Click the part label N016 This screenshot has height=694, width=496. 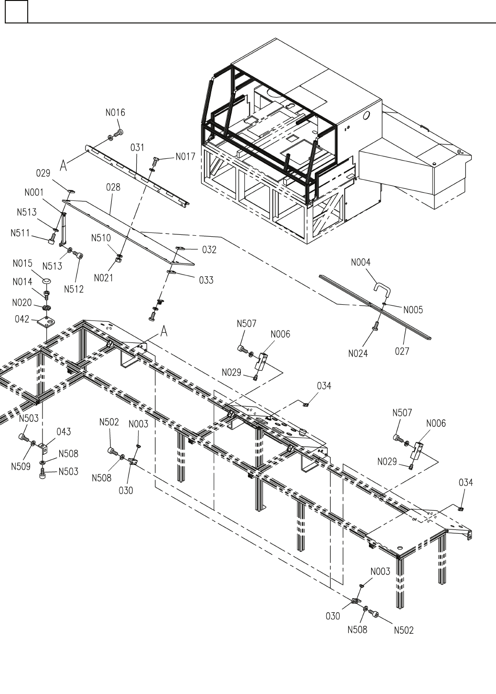coord(115,113)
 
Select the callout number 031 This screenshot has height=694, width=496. coord(137,147)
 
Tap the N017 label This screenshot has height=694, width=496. coord(185,156)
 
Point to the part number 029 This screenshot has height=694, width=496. coord(43,173)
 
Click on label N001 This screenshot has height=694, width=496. coord(34,192)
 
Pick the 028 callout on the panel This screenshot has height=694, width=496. coord(113,187)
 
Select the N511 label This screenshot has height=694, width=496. coord(21,233)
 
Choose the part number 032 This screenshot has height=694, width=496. coord(209,249)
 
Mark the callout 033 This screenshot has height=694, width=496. coord(206,280)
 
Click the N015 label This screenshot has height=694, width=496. coord(22,264)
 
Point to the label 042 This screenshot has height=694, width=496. coord(22,319)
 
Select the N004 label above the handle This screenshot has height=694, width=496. coord(360,262)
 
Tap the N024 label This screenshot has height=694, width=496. coord(358,354)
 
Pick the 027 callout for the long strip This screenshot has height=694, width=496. coord(402,352)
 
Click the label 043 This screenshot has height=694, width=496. coord(64,432)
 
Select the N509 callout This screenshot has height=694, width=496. coord(21,465)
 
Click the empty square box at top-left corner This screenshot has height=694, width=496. coord(16,11)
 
